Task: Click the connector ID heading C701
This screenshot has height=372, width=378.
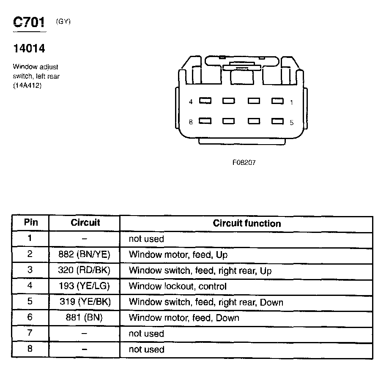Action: (29, 22)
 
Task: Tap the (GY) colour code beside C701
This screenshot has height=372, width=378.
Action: (63, 22)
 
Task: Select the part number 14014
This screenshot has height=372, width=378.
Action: (29, 49)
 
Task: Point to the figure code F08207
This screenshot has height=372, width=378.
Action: (244, 162)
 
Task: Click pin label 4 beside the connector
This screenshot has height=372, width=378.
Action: (191, 102)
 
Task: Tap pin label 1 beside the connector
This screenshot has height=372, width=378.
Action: (291, 102)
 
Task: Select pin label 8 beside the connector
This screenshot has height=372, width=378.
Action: (191, 122)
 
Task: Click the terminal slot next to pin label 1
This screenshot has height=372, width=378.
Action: (277, 101)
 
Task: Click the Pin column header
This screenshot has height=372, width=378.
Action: (30, 223)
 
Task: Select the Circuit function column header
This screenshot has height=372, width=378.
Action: (247, 223)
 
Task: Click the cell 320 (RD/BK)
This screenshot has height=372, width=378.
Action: (84, 271)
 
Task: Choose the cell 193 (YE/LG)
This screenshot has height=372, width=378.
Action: (84, 286)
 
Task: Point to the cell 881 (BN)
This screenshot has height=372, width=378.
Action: (84, 318)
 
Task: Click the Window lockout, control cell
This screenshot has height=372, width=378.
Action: (178, 286)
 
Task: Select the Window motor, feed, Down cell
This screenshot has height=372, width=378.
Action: (184, 318)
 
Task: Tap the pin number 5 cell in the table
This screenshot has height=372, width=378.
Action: (30, 302)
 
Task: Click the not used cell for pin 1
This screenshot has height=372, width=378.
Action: (146, 239)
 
